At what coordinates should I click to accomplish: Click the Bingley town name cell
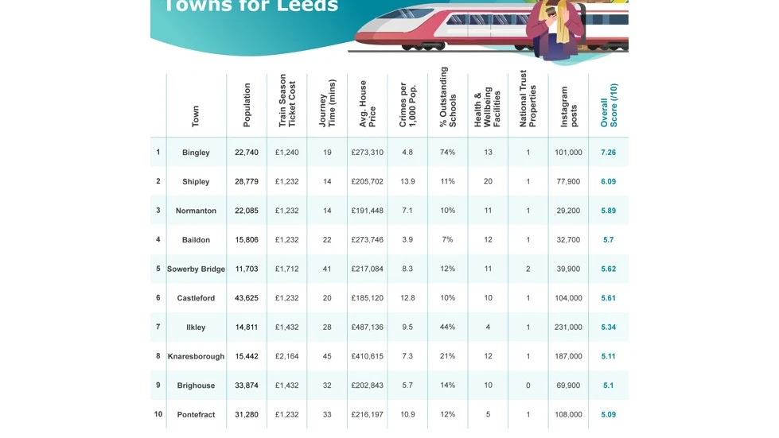196,153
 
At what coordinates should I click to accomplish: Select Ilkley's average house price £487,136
367,328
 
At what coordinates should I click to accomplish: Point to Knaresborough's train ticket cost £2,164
287,356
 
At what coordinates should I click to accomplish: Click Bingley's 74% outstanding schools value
447,153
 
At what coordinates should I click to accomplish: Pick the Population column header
247,106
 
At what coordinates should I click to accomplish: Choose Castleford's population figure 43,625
247,298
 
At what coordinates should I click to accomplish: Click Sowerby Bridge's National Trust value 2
528,269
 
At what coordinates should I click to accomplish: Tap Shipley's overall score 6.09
609,181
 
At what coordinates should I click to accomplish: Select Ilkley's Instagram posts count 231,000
568,328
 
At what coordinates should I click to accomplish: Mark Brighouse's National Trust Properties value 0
528,386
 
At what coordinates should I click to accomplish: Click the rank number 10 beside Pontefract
158,414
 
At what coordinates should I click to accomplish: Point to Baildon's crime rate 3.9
407,240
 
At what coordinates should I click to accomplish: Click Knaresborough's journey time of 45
327,356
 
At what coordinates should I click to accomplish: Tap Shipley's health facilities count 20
488,181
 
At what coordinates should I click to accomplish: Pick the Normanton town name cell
196,211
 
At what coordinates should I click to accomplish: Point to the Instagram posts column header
568,106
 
